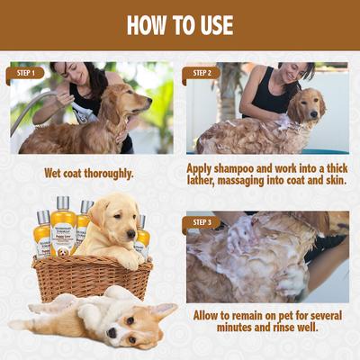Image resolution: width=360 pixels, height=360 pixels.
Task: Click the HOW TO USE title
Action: coord(180,24)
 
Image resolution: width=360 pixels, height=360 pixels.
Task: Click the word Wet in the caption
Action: coord(56,173)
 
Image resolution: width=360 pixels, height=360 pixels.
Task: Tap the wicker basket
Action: coord(90,277)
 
